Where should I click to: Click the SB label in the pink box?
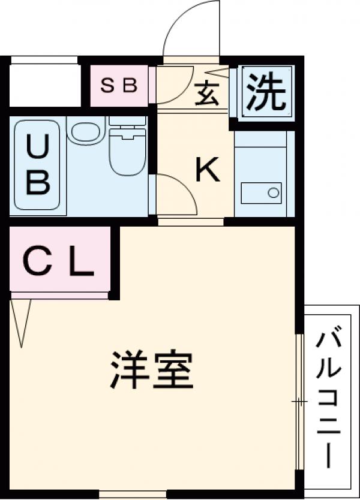tap(118, 85)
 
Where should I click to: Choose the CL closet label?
tap(59, 262)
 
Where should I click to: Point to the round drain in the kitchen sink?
tap(274, 193)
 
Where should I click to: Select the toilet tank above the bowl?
tap(127, 122)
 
